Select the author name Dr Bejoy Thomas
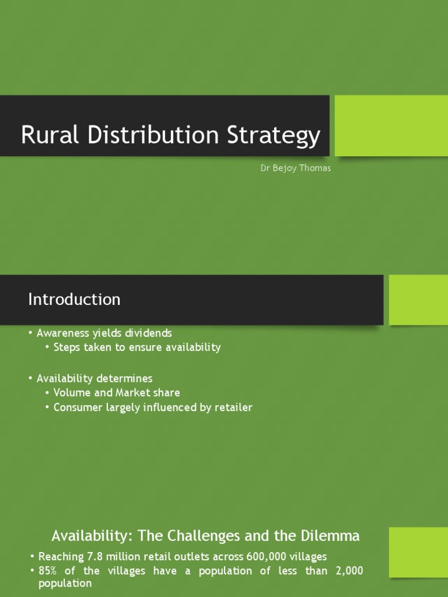(x=295, y=168)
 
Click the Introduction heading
(x=74, y=299)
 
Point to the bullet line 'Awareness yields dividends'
(x=104, y=333)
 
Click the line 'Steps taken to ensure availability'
(x=137, y=347)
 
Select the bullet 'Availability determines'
(x=94, y=378)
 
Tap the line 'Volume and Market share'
(x=117, y=393)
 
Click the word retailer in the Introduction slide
(x=233, y=408)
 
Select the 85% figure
(x=48, y=571)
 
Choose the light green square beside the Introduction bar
(x=418, y=300)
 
